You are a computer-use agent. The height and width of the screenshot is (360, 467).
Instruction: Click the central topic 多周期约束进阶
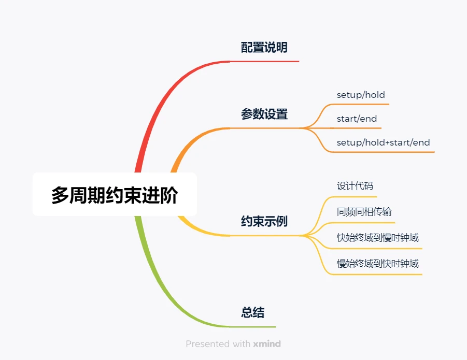click(114, 195)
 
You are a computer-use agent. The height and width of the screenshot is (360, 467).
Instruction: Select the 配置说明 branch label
click(264, 48)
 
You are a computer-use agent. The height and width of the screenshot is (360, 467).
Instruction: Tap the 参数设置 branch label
click(264, 114)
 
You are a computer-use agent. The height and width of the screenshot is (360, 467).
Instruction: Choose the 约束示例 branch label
click(264, 222)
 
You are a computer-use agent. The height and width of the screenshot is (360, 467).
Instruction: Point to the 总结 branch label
click(252, 313)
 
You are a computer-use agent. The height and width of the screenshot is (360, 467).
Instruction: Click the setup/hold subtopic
click(361, 95)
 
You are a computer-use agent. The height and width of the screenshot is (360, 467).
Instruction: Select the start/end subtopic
click(357, 119)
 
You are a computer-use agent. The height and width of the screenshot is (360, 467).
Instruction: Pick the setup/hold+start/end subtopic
click(383, 142)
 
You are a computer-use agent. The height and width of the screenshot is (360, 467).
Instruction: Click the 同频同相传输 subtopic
click(364, 212)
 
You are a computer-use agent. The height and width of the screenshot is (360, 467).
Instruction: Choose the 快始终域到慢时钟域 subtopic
click(377, 238)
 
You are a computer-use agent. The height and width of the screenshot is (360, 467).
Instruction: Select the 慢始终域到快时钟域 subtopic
click(377, 264)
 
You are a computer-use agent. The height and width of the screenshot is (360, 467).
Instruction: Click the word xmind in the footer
click(267, 344)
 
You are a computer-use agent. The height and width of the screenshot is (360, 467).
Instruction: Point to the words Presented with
click(218, 344)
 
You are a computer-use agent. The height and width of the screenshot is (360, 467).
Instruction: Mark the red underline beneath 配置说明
click(264, 61)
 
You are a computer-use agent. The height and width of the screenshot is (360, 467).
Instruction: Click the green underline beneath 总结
click(253, 327)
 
